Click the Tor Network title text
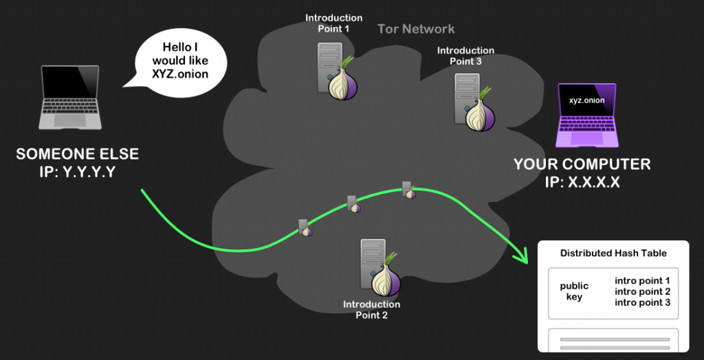click(416, 29)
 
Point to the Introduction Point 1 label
click(333, 23)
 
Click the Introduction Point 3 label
click(465, 56)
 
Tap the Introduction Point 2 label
click(371, 309)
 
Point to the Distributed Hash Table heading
click(613, 254)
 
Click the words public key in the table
click(574, 291)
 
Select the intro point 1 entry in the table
click(642, 280)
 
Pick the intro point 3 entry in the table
click(642, 302)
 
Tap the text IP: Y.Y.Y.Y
click(77, 172)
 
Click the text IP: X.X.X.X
click(582, 182)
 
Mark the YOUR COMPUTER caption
click(582, 165)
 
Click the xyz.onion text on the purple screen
click(586, 100)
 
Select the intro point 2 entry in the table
click(642, 291)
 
